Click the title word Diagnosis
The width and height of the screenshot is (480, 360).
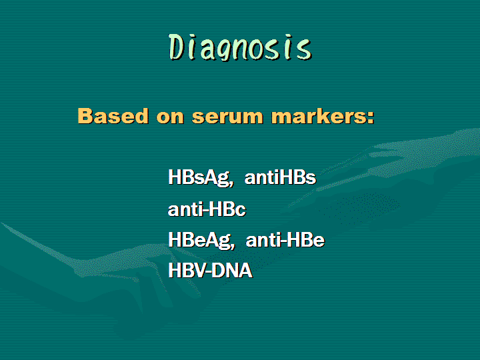coord(240,47)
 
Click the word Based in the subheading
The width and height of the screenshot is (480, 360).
coord(113,116)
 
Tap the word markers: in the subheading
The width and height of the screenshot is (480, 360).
coord(323,116)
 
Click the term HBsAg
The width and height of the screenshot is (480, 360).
coord(199,177)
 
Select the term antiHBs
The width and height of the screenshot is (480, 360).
coord(280,177)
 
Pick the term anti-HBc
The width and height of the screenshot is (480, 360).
coord(207,209)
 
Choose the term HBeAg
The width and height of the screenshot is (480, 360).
coord(199,240)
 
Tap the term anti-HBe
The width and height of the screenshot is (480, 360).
coord(285,240)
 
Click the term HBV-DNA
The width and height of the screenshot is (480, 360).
coord(210,270)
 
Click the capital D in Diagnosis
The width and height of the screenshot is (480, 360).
coord(176,47)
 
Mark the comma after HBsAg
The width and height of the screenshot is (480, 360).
coord(231,184)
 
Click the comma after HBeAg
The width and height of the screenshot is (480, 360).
coord(233,246)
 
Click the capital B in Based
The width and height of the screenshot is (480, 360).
coord(87,116)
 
